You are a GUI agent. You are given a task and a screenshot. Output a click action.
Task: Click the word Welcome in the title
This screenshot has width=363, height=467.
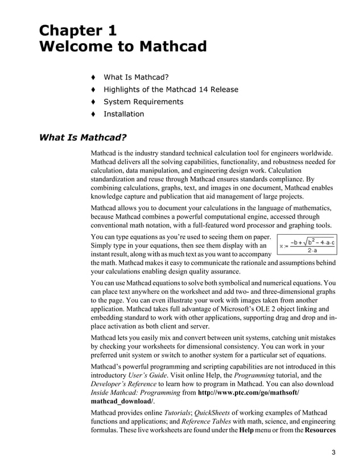[x=75, y=47]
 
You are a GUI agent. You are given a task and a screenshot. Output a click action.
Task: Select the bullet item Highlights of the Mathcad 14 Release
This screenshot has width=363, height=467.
[x=171, y=89]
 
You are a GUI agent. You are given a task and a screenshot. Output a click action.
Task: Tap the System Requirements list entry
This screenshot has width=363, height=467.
[x=143, y=101]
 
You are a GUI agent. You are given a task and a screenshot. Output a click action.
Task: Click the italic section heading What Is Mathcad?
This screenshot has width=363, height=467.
[x=82, y=138]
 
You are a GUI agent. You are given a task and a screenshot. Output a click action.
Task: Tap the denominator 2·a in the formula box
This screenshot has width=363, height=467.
[x=312, y=251]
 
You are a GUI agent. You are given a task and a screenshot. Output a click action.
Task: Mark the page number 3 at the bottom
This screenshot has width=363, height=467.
[x=333, y=453]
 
